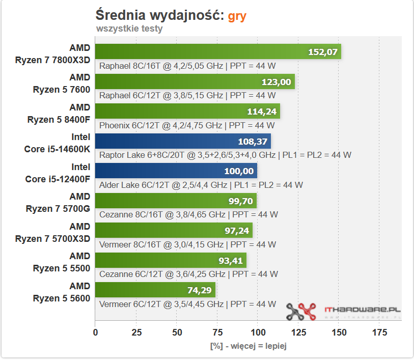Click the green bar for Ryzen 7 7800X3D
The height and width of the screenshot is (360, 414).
click(x=204, y=51)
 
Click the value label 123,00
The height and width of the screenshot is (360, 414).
click(x=276, y=82)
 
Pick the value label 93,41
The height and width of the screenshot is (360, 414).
click(x=228, y=261)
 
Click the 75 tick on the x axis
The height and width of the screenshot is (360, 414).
click(x=217, y=333)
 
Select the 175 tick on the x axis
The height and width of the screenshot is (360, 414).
click(x=379, y=333)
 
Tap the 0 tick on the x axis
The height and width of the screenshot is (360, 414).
click(x=95, y=333)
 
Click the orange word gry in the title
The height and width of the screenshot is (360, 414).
click(x=237, y=15)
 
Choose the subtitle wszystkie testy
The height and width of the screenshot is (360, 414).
click(x=129, y=29)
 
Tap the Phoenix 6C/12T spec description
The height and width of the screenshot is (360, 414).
click(x=187, y=125)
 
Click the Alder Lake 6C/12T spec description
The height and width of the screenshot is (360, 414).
click(x=201, y=185)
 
